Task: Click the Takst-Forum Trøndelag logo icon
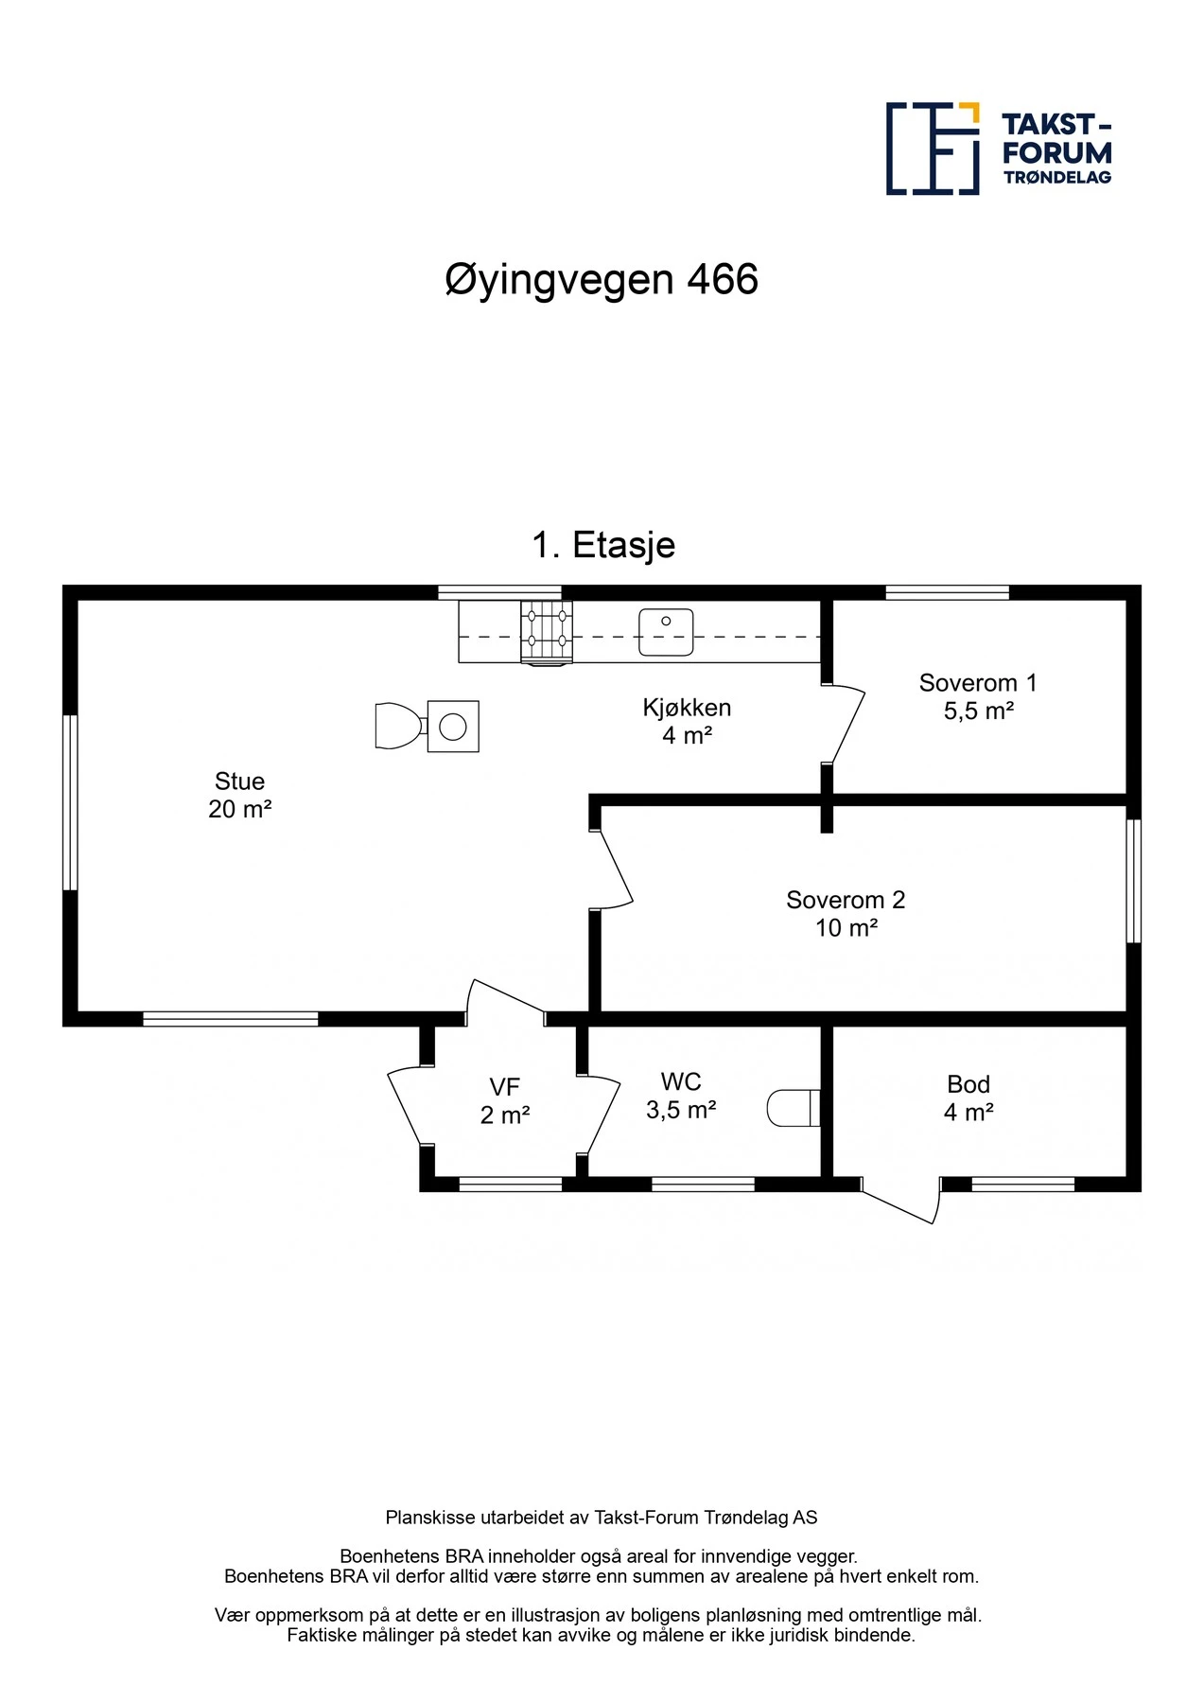[933, 149]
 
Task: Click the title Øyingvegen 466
[602, 280]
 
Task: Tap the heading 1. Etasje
[603, 545]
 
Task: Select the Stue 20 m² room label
[239, 795]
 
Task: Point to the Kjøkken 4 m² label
[687, 721]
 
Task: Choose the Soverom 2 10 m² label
[846, 913]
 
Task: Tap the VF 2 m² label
[504, 1100]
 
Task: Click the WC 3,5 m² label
[681, 1096]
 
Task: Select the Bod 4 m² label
[968, 1097]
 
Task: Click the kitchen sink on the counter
[666, 632]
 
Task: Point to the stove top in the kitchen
[547, 630]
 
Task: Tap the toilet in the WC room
[793, 1108]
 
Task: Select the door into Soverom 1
[845, 725]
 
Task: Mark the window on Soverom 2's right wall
[1134, 881]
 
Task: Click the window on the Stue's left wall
[70, 802]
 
